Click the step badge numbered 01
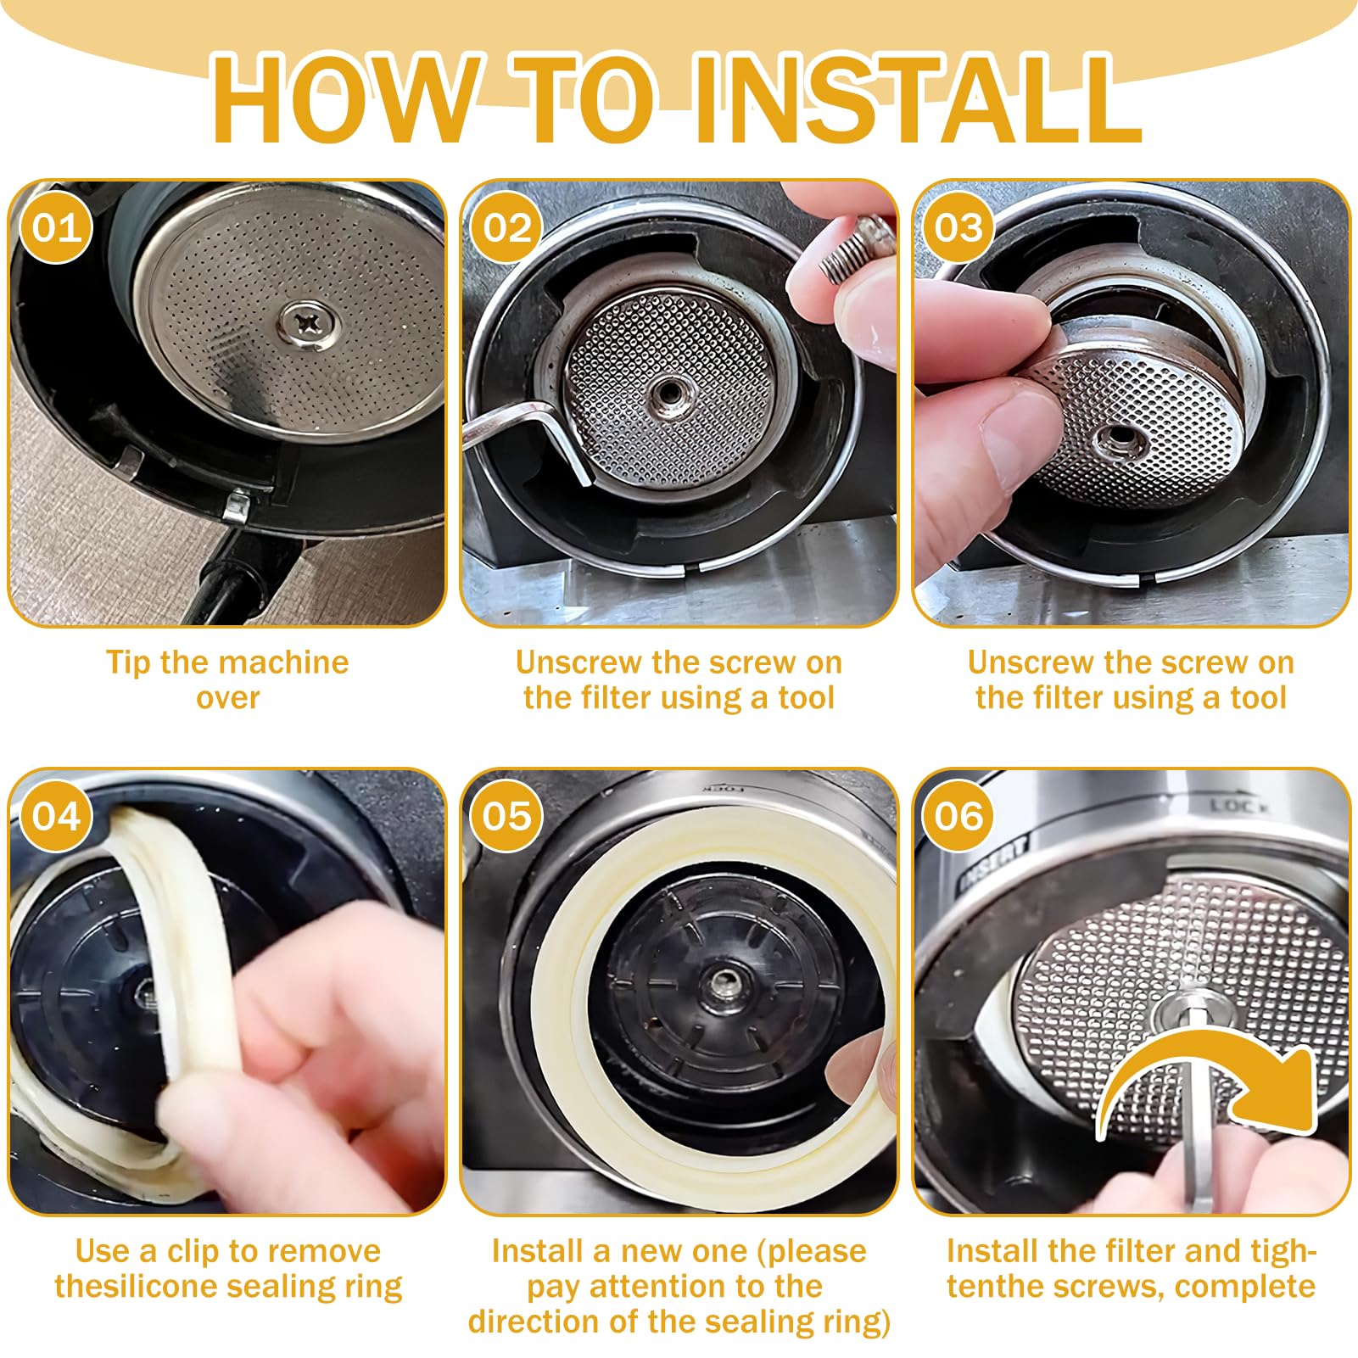coord(56,227)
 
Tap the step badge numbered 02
coord(507,227)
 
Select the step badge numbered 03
coord(958,227)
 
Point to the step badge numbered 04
coord(56,816)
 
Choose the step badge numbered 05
coord(507,816)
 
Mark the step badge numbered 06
coord(958,816)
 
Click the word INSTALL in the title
coord(918,99)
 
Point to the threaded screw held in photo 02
coord(855,248)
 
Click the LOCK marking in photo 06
coord(1236,806)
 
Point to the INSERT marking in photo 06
coord(993,862)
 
